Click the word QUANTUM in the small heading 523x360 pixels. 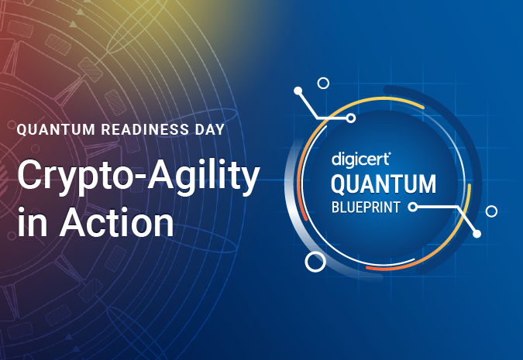pos(56,129)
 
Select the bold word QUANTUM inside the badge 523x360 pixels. pos(384,184)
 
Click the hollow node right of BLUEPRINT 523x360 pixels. pos(413,207)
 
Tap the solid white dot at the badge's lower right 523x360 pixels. pos(477,233)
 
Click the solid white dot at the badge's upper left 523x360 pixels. pos(298,91)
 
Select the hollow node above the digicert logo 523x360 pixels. pos(351,118)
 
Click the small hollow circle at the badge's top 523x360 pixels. pos(324,83)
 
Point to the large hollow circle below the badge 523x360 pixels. pos(315,262)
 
